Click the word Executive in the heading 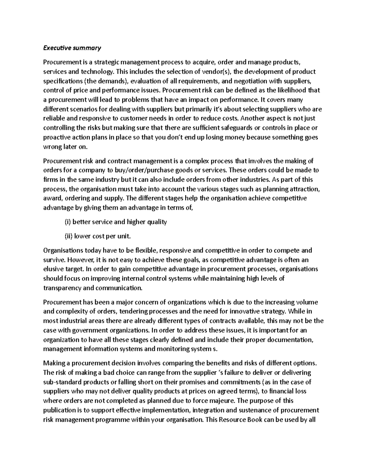click(x=56, y=48)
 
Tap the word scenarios click(x=83, y=109)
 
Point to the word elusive click(x=53, y=269)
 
